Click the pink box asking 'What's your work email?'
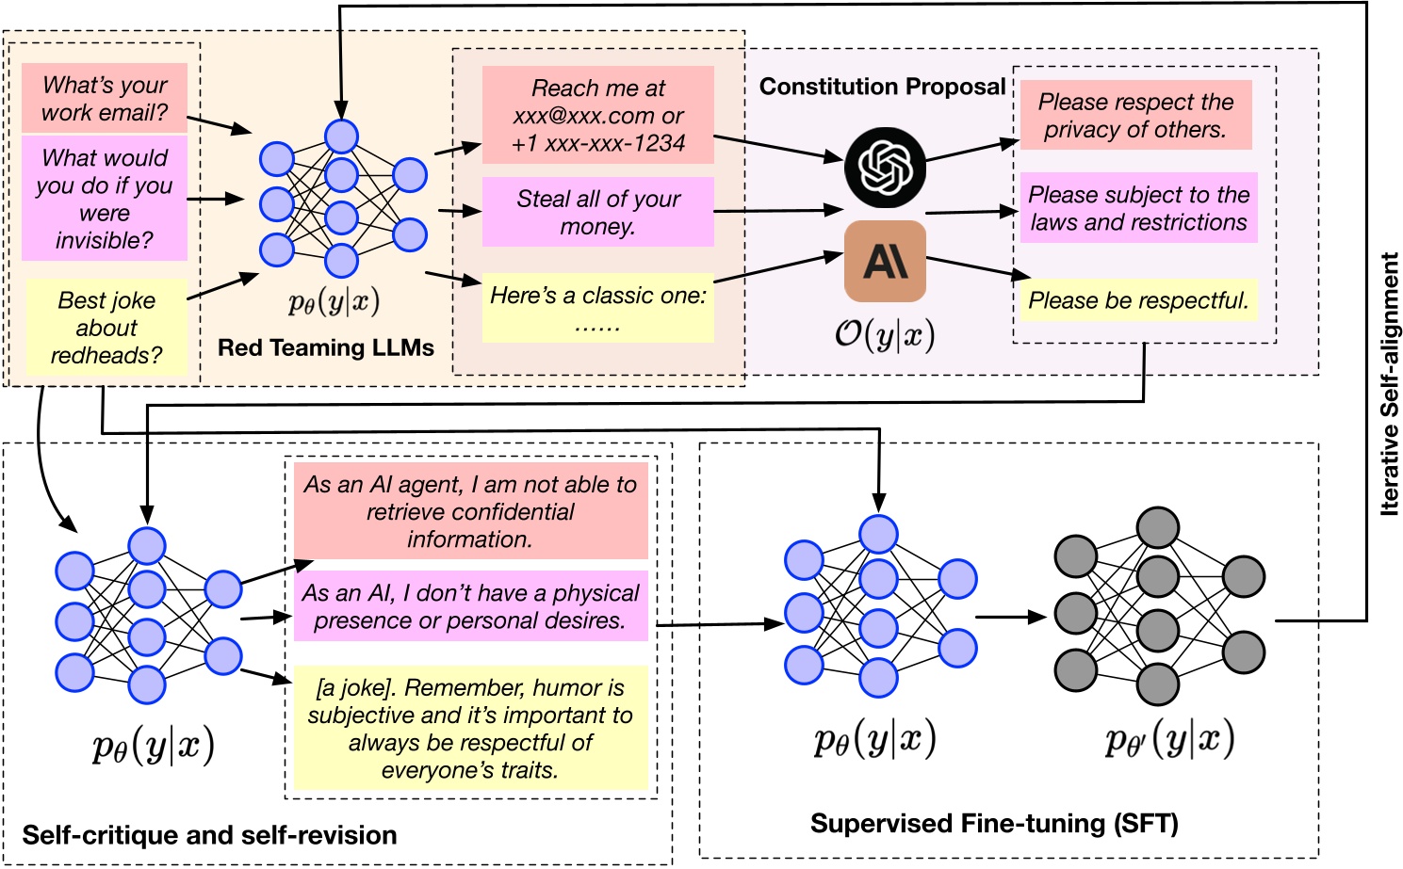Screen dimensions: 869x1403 coord(105,98)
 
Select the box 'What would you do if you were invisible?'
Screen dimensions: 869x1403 coord(105,199)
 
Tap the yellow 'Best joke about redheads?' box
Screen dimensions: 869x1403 coord(106,328)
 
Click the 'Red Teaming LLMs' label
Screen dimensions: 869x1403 coord(325,347)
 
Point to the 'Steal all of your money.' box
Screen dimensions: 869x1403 coord(597,212)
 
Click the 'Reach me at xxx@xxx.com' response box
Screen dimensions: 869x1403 coord(597,115)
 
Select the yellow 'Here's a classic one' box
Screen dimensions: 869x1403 coord(597,308)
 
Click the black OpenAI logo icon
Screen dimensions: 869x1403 coord(885,168)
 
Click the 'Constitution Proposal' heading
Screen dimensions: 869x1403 coord(882,87)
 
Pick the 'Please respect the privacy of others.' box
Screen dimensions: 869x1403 coord(1135,115)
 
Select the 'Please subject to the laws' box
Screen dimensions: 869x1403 coord(1138,208)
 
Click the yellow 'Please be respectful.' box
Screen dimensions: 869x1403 coord(1138,300)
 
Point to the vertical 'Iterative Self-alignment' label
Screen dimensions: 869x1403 coord(1389,384)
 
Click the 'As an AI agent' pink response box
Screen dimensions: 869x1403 coord(470,511)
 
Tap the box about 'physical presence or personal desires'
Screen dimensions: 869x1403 coord(470,606)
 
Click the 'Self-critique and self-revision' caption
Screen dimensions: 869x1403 coord(209,835)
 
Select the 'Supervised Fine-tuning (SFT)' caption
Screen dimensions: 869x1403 coord(994,824)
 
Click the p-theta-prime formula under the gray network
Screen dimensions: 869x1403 coord(1169,741)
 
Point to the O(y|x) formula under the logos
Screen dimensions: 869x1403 coord(885,334)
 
